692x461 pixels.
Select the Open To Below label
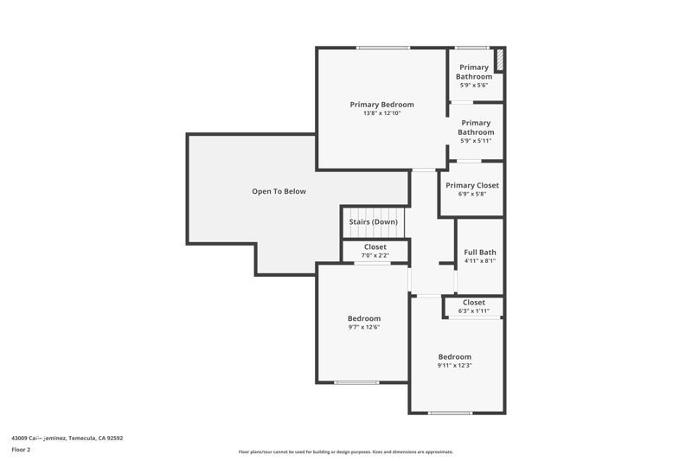(279, 191)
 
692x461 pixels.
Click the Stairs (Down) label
(374, 222)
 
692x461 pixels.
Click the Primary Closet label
(472, 185)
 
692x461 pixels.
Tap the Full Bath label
(480, 252)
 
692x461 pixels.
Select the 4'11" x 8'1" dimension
(480, 260)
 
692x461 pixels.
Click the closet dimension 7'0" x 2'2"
(375, 255)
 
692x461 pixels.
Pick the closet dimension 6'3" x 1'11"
(474, 311)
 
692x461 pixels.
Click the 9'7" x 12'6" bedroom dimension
(364, 327)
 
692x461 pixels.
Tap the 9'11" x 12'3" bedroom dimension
(454, 365)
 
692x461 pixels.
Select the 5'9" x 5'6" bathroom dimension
(474, 85)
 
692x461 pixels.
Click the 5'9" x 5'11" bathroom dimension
(476, 141)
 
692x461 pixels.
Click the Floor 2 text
(21, 450)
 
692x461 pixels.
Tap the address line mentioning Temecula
(67, 438)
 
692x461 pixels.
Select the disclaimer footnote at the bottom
(345, 451)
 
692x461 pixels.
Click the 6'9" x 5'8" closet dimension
(472, 194)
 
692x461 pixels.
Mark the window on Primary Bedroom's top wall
(383, 48)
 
